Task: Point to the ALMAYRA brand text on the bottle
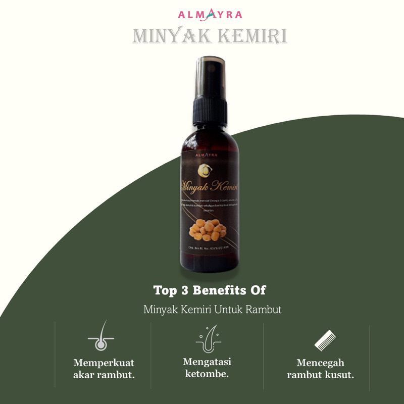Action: (209, 155)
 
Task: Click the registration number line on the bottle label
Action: (209, 248)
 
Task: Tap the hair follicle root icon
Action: (100, 337)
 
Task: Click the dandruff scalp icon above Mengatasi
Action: (208, 337)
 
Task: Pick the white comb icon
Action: (325, 339)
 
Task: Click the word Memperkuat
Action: (104, 363)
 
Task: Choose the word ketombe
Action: (208, 374)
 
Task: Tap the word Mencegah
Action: (321, 363)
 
